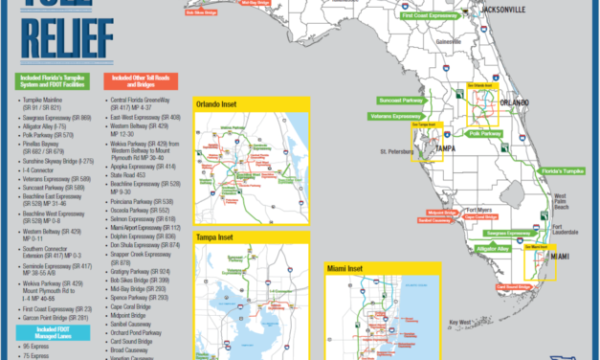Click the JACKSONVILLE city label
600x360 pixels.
(500, 10)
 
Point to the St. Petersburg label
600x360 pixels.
(395, 151)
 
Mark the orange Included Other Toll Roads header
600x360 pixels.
(143, 83)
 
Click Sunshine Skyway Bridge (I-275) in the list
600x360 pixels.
(63, 164)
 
